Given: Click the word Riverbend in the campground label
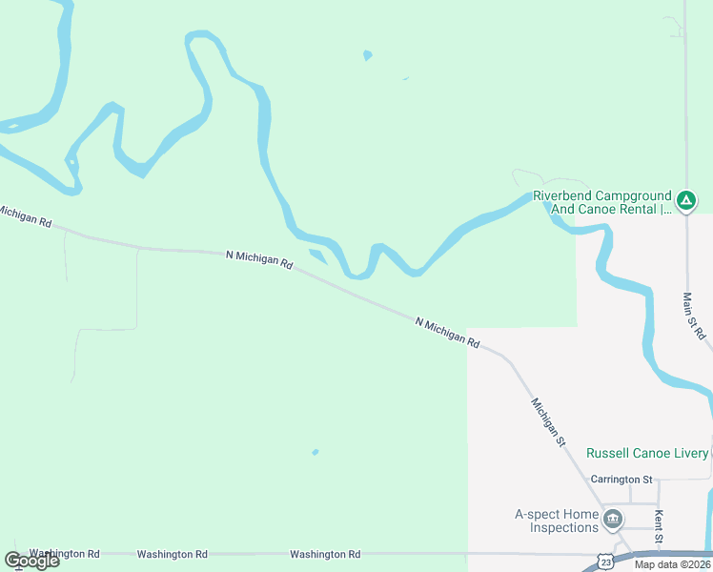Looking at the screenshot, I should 563,194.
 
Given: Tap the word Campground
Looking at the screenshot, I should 635,194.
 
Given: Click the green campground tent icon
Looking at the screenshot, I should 685,201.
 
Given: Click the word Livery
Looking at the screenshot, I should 688,453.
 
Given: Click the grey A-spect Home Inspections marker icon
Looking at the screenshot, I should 613,521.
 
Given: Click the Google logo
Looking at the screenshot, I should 31,561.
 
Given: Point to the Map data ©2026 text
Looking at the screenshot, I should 672,564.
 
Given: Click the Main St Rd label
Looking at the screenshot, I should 694,317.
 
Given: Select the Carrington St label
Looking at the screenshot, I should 621,479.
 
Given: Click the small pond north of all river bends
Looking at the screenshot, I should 367,55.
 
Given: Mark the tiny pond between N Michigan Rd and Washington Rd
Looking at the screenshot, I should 315,452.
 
